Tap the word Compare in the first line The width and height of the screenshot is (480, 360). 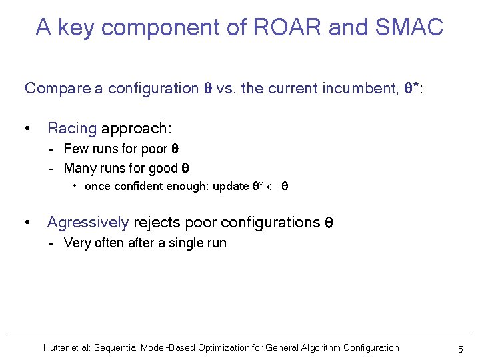[x=57, y=89]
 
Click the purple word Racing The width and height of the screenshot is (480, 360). [x=72, y=128]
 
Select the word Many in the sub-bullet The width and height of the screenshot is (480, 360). [x=79, y=168]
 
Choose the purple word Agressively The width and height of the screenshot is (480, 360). [x=88, y=222]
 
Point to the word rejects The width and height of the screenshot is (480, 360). [x=157, y=222]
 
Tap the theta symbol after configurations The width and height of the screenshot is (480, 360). [x=328, y=223]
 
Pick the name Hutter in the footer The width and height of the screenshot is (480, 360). [x=57, y=347]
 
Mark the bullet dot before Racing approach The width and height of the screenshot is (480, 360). [x=27, y=129]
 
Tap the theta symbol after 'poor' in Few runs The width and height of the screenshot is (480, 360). [x=175, y=149]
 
